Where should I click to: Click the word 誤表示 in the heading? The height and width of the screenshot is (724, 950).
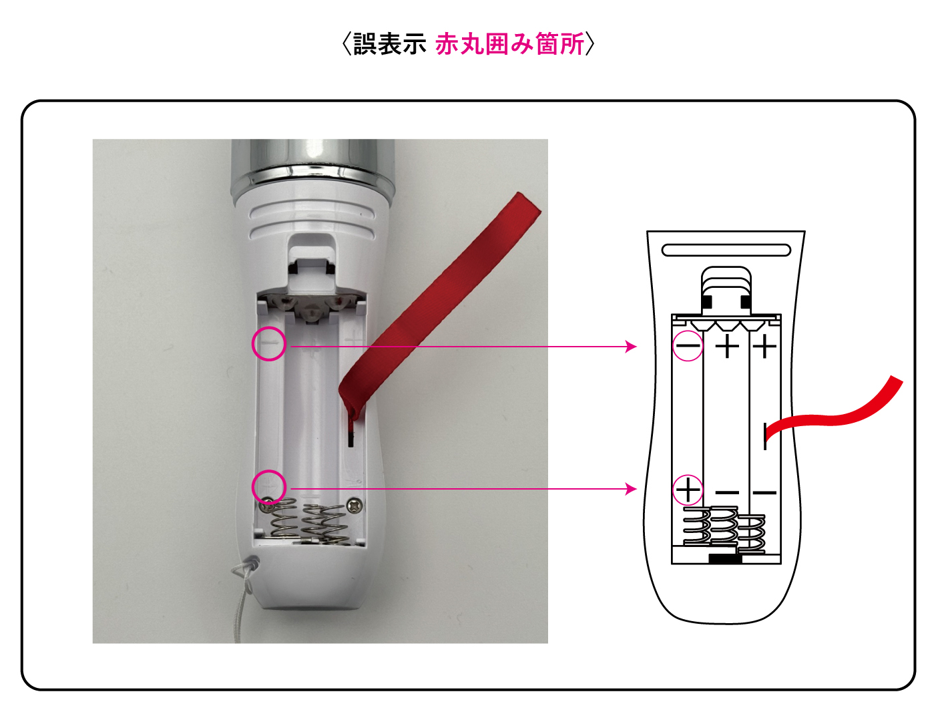coord(389,43)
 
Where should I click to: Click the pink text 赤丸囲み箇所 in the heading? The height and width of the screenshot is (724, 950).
coord(509,43)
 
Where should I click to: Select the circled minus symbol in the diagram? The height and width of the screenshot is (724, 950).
coord(687,345)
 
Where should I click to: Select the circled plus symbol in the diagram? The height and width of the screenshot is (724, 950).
coord(687,490)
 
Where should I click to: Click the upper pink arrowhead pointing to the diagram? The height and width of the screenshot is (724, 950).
coord(632,347)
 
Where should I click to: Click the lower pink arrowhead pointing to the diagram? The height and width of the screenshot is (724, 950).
coord(632,489)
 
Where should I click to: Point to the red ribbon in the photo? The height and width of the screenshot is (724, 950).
coord(437,303)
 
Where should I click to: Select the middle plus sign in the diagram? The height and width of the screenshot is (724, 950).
coord(726,347)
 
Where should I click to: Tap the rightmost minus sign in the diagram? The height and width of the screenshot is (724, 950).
coord(765,492)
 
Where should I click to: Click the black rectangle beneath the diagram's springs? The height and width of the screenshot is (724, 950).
coord(726,560)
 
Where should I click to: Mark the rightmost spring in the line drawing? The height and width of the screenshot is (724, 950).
coord(751,534)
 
